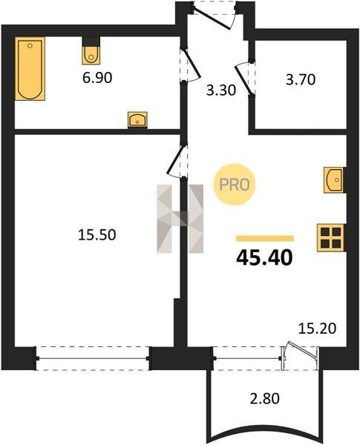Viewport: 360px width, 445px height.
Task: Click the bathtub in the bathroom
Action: [30, 68]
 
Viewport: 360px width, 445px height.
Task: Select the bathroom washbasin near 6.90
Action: [137, 119]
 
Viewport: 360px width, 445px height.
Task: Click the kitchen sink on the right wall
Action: [334, 180]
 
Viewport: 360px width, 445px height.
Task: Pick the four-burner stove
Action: [331, 237]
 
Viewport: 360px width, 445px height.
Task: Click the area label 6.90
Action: [97, 78]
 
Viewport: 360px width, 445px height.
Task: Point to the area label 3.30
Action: [221, 90]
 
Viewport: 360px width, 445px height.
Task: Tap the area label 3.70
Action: [301, 80]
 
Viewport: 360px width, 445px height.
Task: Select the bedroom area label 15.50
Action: [97, 235]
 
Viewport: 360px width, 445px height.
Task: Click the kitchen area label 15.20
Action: [317, 329]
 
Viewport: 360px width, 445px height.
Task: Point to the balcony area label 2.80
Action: [264, 398]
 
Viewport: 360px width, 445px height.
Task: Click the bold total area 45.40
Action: [264, 257]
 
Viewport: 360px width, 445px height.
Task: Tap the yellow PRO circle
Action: [235, 185]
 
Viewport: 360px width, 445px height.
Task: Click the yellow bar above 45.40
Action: [265, 238]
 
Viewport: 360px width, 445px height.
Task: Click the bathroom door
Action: [191, 65]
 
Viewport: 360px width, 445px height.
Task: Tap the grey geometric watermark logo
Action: [180, 219]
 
